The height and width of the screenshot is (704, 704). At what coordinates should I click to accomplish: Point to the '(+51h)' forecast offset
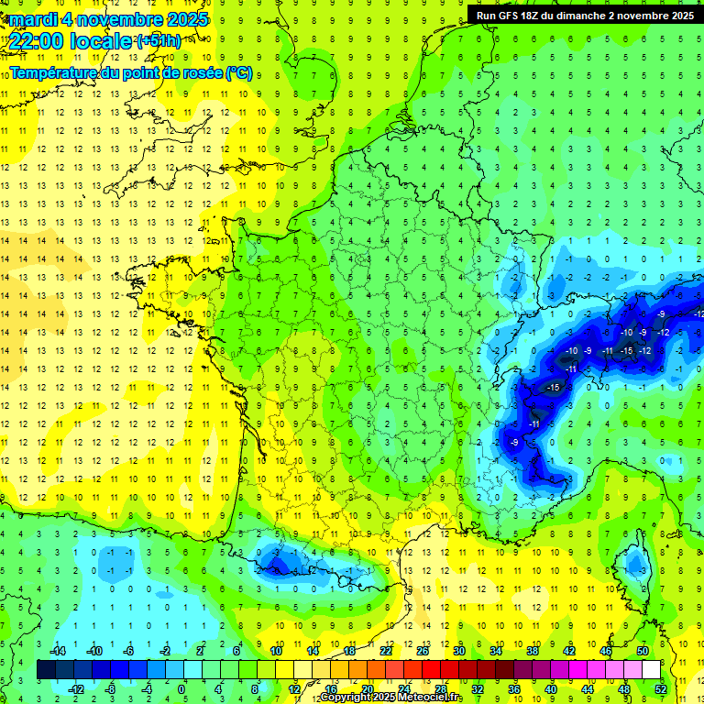click(x=159, y=41)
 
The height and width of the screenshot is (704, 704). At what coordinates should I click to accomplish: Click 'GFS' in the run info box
click(x=511, y=15)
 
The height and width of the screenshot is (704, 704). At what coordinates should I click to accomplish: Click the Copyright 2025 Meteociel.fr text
click(x=391, y=698)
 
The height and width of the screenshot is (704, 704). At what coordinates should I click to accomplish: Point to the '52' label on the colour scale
click(x=661, y=689)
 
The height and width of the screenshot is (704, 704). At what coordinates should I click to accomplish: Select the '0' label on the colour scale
click(x=181, y=689)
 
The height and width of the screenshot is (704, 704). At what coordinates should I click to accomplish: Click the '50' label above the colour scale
click(x=642, y=651)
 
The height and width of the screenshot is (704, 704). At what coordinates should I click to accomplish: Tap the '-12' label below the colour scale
click(x=75, y=689)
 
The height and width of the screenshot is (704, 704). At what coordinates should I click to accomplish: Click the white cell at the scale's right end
click(x=651, y=670)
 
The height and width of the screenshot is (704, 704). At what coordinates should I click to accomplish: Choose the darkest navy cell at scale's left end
click(x=46, y=670)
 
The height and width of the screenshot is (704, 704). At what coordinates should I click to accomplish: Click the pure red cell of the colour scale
click(x=431, y=670)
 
